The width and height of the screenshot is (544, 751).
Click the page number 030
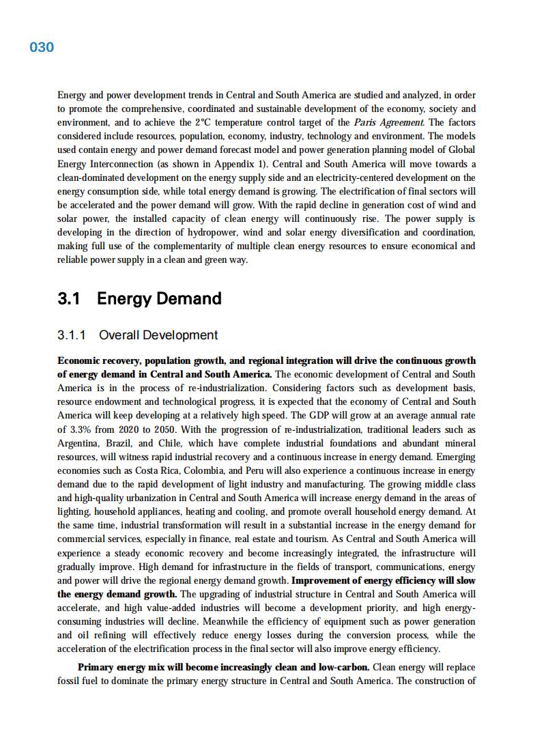tap(42, 47)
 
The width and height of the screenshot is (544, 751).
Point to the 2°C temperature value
tap(203, 123)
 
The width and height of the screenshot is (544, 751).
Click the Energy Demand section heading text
tap(159, 298)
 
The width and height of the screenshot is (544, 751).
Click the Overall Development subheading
tap(158, 335)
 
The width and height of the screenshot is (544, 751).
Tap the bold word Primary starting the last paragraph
tap(97, 667)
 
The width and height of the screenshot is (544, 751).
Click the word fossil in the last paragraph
tap(69, 681)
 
